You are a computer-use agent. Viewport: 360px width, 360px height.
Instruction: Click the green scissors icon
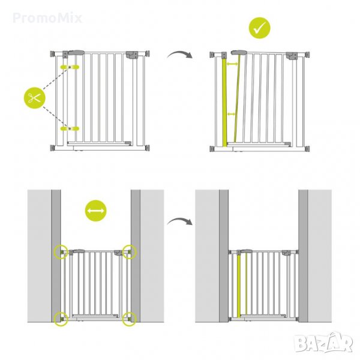35,98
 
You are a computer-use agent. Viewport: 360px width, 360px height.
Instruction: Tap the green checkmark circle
260,28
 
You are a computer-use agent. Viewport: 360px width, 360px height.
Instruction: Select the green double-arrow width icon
96,211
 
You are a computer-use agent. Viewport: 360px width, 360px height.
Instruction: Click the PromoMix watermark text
47,18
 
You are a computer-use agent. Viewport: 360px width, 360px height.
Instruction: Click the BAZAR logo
323,343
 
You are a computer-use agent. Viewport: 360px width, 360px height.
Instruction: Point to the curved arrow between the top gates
179,55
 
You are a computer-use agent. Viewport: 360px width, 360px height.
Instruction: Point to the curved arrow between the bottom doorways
179,221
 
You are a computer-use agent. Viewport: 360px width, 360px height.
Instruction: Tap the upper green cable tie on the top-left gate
70,67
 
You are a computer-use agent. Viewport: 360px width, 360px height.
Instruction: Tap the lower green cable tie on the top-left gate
70,128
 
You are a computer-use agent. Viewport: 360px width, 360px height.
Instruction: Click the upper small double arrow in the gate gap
232,65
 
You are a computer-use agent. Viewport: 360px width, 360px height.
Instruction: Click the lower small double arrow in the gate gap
231,114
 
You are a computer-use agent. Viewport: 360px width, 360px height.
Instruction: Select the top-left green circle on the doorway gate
61,252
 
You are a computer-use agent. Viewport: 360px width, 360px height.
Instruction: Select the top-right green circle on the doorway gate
129,252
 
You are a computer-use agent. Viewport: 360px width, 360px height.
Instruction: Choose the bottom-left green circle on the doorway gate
61,319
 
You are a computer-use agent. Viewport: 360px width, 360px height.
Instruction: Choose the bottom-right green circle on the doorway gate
129,319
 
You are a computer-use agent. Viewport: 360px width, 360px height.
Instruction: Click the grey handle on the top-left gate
76,53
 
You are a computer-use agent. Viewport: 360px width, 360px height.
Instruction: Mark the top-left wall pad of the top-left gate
53,54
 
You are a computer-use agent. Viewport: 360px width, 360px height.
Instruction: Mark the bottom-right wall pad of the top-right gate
307,148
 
